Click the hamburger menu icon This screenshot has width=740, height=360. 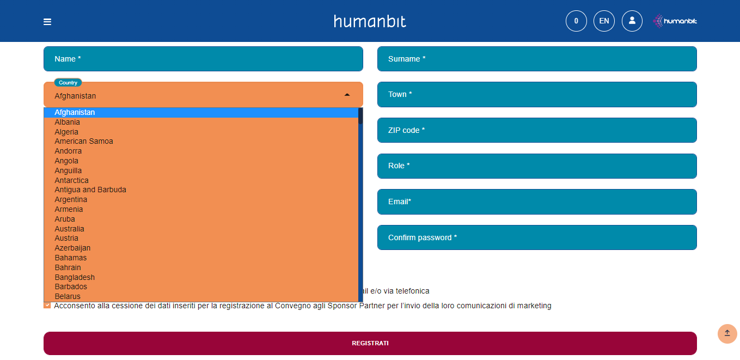click(x=47, y=22)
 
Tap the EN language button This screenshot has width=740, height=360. click(x=604, y=21)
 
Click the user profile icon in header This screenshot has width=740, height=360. click(x=632, y=21)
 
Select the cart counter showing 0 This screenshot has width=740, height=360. click(x=576, y=21)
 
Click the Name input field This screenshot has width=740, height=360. click(x=203, y=59)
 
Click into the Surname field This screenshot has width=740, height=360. click(x=537, y=59)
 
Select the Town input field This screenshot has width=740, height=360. click(x=537, y=94)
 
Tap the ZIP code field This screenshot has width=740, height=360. click(x=537, y=130)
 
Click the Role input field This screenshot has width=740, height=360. click(x=537, y=166)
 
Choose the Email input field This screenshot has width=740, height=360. click(x=537, y=202)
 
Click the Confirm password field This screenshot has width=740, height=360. click(x=537, y=237)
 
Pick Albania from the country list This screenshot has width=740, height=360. click(x=68, y=122)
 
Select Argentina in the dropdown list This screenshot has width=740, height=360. click(x=71, y=199)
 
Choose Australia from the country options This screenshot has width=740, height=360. click(x=70, y=229)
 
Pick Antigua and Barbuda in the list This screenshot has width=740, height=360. click(x=90, y=190)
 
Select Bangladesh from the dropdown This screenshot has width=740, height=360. click(x=75, y=277)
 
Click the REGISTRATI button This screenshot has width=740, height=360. click(x=370, y=343)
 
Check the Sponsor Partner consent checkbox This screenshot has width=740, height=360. click(x=47, y=306)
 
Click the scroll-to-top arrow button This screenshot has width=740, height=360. click(x=727, y=333)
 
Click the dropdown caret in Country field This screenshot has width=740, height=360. click(x=347, y=95)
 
